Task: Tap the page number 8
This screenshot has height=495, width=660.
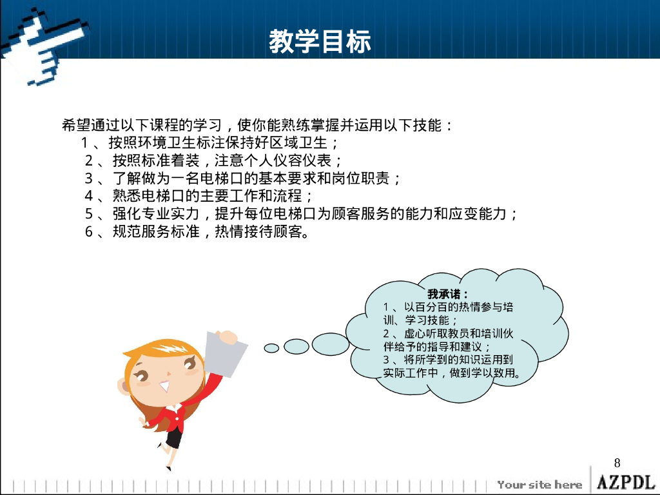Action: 617,463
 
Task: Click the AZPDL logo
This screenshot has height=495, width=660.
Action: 625,482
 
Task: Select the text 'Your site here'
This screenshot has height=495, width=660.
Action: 540,485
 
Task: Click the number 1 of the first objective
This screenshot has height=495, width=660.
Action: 84,142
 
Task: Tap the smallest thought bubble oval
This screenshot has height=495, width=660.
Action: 272,348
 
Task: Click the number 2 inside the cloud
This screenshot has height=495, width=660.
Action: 386,333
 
